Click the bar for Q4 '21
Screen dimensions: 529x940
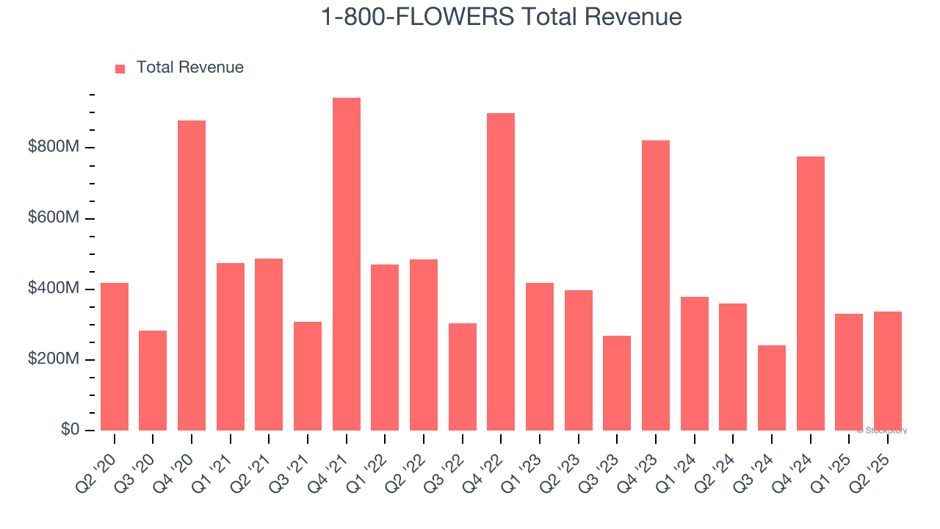point(346,264)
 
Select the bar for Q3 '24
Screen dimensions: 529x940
point(771,388)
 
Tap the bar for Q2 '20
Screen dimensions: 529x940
point(115,356)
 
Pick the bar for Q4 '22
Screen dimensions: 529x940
point(501,272)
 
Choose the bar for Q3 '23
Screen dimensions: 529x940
point(617,383)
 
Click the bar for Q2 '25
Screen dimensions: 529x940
point(887,371)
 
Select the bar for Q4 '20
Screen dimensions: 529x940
point(192,276)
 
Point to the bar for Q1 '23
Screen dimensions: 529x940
point(540,356)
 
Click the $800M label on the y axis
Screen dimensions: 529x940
point(54,148)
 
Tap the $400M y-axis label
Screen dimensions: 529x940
point(54,289)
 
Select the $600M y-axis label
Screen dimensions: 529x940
point(54,218)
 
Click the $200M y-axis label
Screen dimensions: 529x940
point(54,359)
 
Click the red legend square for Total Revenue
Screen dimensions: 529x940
point(120,68)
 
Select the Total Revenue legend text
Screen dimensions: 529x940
point(189,68)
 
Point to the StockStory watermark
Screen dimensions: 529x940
point(882,431)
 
